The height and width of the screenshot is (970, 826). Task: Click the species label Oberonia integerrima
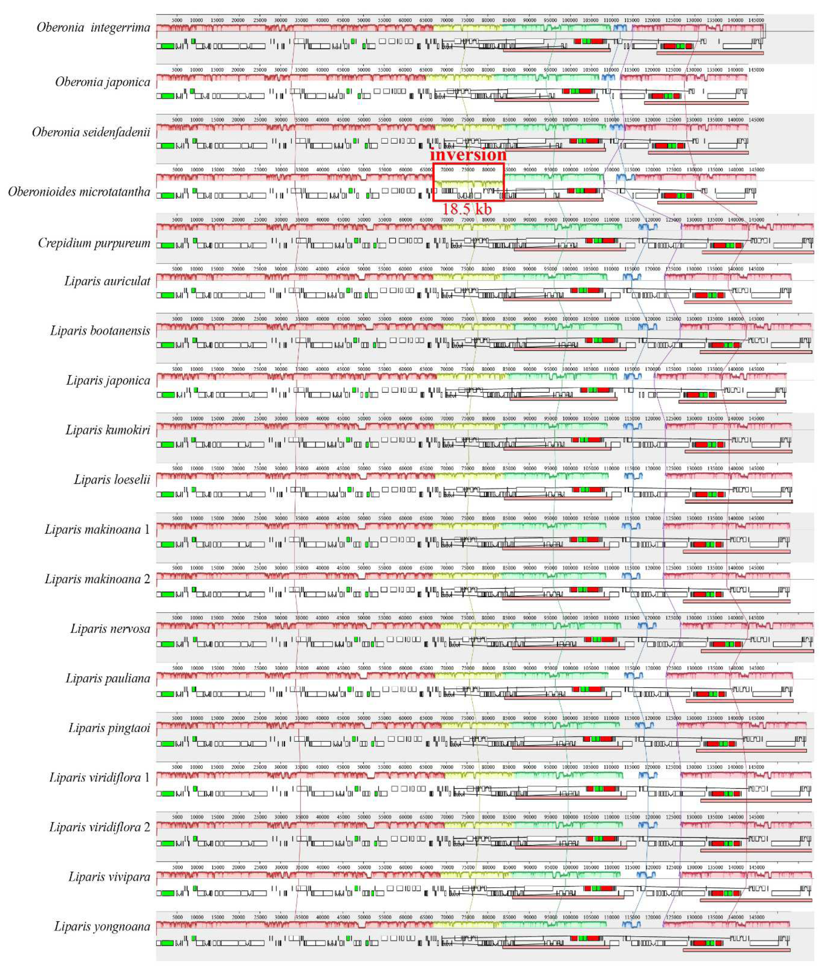point(94,28)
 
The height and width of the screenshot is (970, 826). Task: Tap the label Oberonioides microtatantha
point(79,192)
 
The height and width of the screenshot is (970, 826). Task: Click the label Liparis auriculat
point(108,281)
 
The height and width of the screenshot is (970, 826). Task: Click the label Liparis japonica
point(108,381)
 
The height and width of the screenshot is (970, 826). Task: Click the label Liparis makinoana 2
point(97,579)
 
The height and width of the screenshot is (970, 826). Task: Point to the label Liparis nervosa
point(110,629)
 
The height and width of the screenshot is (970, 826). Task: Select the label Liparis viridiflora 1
point(99,778)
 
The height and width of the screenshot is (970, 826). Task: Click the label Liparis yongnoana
point(102,927)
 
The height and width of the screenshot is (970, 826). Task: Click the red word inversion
point(468,154)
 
